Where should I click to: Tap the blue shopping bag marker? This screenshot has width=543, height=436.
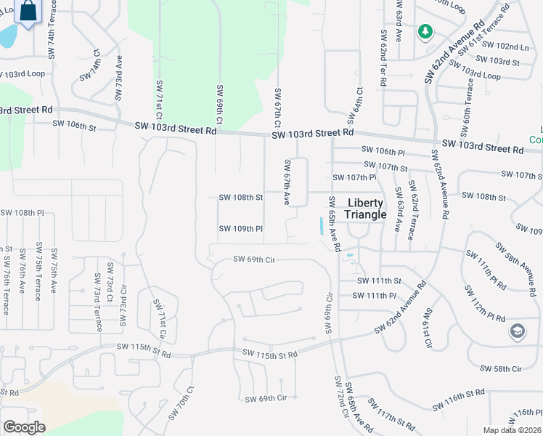coord(28,12)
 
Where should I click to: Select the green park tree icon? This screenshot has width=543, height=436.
coord(425,32)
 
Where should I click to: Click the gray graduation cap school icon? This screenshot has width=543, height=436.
coord(517,332)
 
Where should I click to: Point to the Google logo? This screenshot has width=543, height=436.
coord(24,427)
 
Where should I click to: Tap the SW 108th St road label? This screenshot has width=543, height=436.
coord(240,197)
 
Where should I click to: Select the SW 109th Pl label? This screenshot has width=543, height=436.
coord(240,229)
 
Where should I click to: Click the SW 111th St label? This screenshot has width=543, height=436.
coord(379,281)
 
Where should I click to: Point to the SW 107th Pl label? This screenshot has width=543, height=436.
coord(354,177)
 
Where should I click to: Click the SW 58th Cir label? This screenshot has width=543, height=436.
coord(502,369)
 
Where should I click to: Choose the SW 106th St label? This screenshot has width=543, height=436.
coord(74,125)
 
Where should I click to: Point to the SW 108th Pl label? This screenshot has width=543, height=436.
coord(23,213)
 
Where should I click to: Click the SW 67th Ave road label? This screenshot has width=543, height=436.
coord(287,182)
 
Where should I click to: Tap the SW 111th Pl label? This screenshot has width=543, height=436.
coord(374,296)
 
